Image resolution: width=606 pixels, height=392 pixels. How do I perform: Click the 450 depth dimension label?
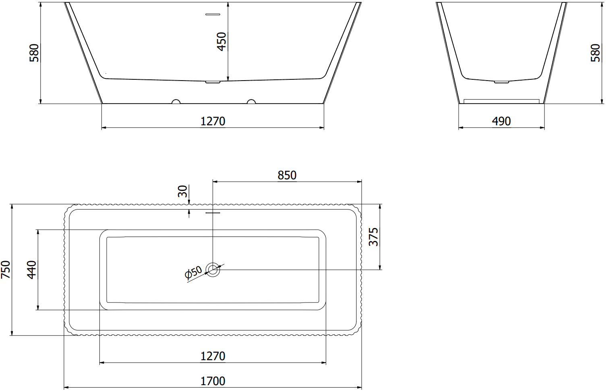222,41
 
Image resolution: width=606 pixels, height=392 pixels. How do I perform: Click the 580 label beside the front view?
34,53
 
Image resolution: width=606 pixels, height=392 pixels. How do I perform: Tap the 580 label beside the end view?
596,53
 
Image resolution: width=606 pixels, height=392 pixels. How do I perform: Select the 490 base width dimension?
501,121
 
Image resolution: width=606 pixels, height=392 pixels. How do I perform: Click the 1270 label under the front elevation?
213,121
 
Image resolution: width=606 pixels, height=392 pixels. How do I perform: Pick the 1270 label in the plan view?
213,356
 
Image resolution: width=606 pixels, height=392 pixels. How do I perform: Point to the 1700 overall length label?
213,381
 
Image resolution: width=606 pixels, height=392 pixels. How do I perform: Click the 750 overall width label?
6,270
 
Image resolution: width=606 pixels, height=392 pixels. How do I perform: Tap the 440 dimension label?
32,270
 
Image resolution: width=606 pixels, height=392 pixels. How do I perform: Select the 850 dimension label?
287,175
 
